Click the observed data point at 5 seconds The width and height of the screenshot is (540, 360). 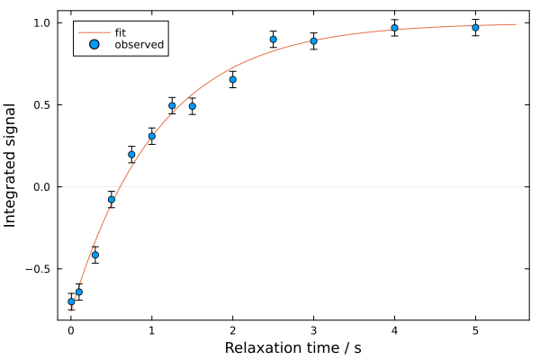pos(475,27)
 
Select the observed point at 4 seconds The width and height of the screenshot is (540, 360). pos(394,28)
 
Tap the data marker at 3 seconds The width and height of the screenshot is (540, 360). pos(313,41)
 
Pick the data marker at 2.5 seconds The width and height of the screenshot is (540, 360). pos(273,39)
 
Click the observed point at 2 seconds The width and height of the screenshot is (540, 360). pos(232,79)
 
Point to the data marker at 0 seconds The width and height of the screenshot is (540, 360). pos(71,301)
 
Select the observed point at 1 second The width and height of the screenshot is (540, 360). pos(151,136)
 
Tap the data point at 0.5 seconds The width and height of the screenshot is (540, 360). pos(112,199)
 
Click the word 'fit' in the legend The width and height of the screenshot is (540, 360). pos(121,32)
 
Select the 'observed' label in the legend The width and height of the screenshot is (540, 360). pos(139,45)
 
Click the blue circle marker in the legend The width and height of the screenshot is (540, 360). pos(94,45)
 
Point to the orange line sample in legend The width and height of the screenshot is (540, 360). pos(94,32)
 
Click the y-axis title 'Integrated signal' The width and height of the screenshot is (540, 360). pos(12,165)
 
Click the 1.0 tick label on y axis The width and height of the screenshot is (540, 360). pos(41,22)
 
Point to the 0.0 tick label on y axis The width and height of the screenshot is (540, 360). pos(41,187)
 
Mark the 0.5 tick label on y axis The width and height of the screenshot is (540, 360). pos(41,104)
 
